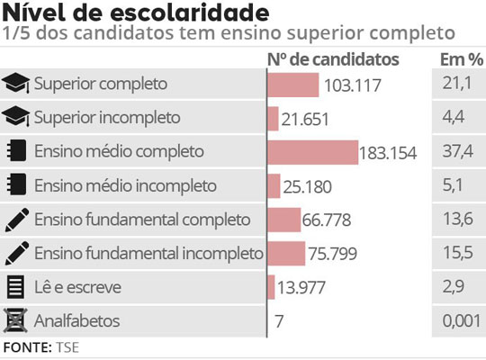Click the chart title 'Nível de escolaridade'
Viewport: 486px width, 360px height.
click(x=135, y=13)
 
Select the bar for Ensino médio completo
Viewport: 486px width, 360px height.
click(x=313, y=151)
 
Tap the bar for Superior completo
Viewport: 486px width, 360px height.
click(x=293, y=85)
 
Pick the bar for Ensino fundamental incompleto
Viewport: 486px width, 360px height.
click(x=287, y=253)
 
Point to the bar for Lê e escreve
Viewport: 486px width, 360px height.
click(x=272, y=286)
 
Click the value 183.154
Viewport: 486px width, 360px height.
click(x=388, y=153)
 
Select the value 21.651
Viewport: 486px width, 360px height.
click(x=305, y=119)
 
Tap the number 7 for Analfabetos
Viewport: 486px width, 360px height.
click(x=280, y=321)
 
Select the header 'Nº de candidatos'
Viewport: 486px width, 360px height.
click(x=333, y=58)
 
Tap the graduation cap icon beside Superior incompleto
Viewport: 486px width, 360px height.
click(x=16, y=117)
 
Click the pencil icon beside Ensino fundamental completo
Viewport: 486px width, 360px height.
click(x=15, y=219)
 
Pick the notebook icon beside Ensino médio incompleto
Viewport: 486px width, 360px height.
click(x=15, y=185)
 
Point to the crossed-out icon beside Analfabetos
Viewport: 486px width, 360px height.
click(x=15, y=319)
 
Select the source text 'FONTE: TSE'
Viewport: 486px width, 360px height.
click(x=40, y=346)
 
